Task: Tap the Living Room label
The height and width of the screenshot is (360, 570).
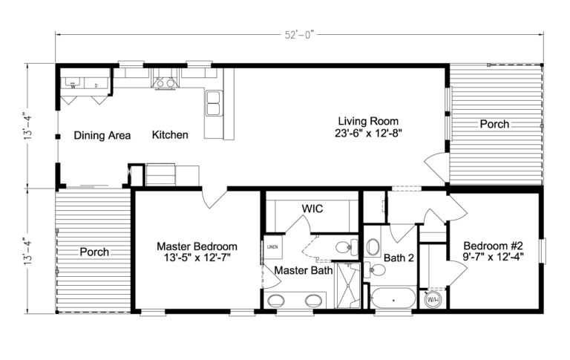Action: click(369, 121)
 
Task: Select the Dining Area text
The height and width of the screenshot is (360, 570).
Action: click(102, 135)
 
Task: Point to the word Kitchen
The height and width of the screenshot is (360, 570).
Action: click(170, 135)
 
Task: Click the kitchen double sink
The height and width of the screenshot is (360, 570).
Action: click(213, 103)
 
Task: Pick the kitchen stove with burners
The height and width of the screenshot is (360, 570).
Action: click(164, 82)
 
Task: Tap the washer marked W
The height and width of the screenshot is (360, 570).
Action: click(73, 82)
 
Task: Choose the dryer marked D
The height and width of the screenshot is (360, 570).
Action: click(96, 82)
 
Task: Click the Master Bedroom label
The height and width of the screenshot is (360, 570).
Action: click(197, 246)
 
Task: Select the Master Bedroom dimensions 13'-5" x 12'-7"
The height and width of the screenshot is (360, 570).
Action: click(197, 258)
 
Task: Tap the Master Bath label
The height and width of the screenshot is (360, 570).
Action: click(303, 270)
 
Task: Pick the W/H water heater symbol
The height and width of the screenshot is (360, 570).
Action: click(433, 299)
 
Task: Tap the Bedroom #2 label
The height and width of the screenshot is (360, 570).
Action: click(494, 246)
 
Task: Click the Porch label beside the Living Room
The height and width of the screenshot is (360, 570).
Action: click(494, 124)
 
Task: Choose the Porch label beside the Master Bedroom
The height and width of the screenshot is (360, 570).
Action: click(94, 252)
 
